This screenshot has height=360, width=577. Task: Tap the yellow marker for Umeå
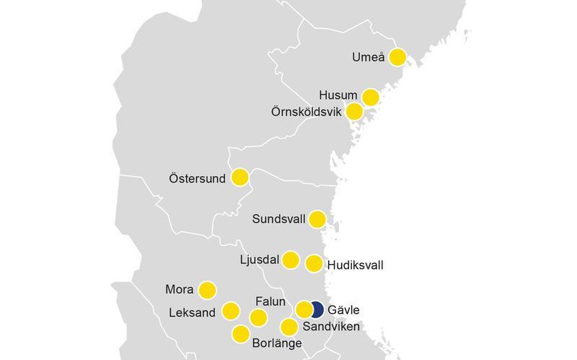[x=397, y=57]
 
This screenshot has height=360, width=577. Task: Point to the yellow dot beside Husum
[x=371, y=97]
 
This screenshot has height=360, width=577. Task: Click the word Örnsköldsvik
[x=304, y=113]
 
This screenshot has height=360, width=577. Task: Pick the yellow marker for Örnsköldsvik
[x=354, y=112]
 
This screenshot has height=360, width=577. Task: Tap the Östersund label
[x=197, y=177]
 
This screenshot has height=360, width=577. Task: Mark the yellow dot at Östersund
[x=239, y=177]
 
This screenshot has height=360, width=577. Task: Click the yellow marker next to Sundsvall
[x=317, y=219]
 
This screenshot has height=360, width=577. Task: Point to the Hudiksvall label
[x=356, y=265]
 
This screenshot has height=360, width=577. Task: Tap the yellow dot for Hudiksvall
[x=314, y=263]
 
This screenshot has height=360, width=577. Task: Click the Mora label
[x=179, y=290]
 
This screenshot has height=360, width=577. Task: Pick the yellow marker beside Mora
[x=207, y=290]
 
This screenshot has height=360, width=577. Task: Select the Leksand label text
[x=193, y=312]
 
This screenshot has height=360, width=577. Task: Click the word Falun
[x=271, y=302]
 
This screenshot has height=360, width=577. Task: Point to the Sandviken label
[x=331, y=327]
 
